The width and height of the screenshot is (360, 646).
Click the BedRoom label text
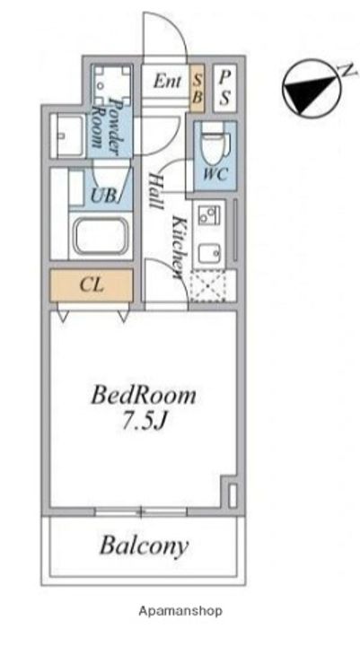tap(143, 396)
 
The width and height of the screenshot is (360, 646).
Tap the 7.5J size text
tap(144, 421)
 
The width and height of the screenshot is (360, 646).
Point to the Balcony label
tap(144, 546)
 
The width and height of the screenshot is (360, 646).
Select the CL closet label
tap(92, 284)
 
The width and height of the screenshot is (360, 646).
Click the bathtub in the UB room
tap(101, 236)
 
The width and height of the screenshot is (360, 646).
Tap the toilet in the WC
tap(216, 146)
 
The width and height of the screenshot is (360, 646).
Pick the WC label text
tap(215, 175)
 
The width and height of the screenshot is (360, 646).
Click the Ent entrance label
tap(167, 82)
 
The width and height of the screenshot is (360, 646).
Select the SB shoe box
tap(198, 88)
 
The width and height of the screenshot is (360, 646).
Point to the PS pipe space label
tap(224, 88)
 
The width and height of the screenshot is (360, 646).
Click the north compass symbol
tap(312, 89)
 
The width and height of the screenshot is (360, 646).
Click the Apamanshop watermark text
tap(180, 611)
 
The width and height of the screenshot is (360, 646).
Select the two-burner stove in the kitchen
tap(209, 215)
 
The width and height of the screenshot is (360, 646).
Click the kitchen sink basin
tap(209, 254)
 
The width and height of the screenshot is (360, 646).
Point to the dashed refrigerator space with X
tap(208, 286)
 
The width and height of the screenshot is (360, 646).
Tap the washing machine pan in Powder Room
tap(112, 85)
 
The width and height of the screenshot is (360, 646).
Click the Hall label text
tap(154, 191)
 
